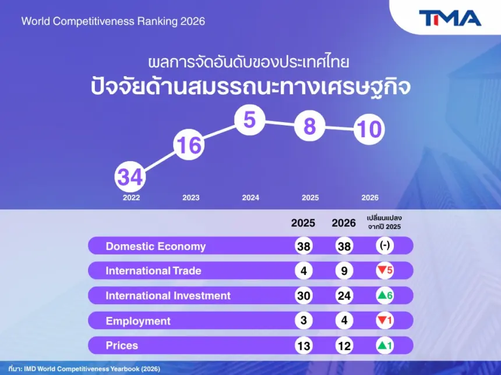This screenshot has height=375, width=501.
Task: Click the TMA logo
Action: point(450,18)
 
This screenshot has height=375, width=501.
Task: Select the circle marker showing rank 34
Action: point(130,177)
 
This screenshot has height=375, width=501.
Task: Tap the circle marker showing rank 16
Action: point(189,144)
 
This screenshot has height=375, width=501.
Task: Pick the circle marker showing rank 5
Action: point(249,120)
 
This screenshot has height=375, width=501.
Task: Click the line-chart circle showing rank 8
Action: point(309,126)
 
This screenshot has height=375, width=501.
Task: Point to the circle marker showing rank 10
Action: point(369,129)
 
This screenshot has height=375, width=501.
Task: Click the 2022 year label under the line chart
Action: point(131,198)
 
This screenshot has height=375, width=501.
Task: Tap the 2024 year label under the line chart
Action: point(250,198)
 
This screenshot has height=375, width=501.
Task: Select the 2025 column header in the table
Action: point(303,223)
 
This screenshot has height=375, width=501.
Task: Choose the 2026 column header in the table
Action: point(344,223)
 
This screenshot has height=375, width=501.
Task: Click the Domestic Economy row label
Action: point(156,247)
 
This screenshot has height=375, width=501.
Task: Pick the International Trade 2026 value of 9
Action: point(344,271)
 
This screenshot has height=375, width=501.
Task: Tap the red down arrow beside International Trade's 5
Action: point(382,270)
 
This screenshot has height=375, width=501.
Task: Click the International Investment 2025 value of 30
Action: point(304,295)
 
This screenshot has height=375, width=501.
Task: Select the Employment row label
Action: point(138,321)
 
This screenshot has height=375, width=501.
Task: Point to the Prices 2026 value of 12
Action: point(344,346)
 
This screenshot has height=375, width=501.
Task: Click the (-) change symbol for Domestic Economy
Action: point(384,245)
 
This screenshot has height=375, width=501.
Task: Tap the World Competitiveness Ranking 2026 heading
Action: point(113,22)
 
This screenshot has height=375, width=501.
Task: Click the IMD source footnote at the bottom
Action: point(84,369)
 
